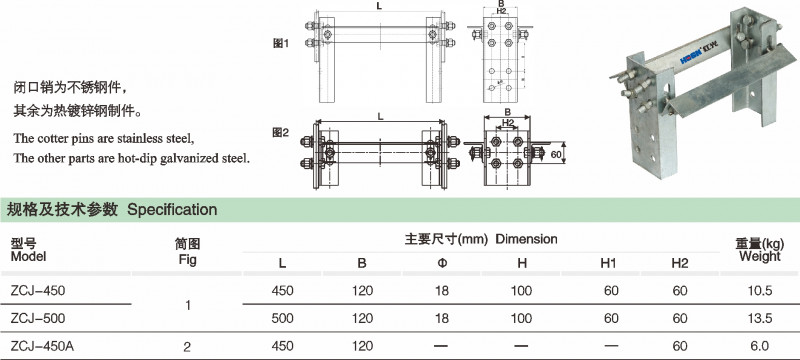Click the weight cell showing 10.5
click(x=760, y=291)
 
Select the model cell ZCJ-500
click(x=38, y=318)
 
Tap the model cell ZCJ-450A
click(x=42, y=346)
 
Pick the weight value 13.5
click(x=760, y=318)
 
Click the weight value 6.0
click(x=760, y=346)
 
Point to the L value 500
click(x=282, y=318)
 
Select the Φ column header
click(x=442, y=263)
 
